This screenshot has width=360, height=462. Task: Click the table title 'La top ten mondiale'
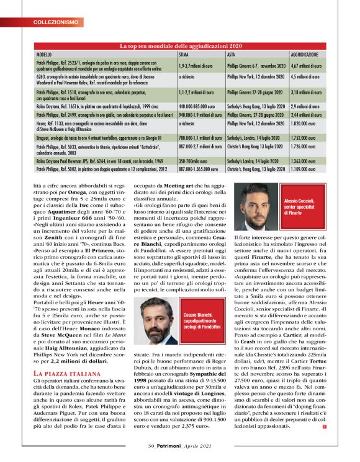click(180, 47)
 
